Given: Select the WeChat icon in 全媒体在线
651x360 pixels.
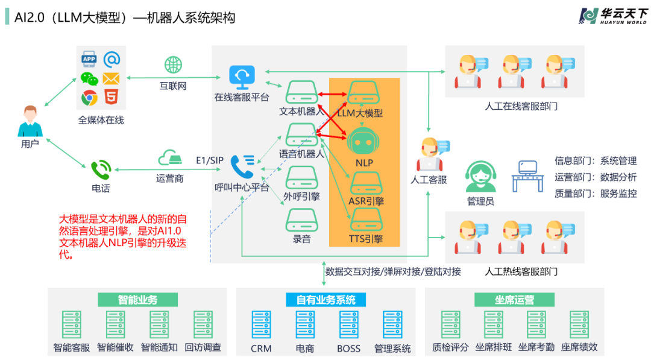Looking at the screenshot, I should click(x=89, y=78).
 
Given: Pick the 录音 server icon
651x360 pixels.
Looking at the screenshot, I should click(x=301, y=218).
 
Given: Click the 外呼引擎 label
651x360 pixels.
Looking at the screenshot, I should click(x=301, y=196).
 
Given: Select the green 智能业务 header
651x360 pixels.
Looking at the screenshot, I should click(x=137, y=300).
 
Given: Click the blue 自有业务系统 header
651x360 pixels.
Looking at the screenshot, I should click(x=326, y=300).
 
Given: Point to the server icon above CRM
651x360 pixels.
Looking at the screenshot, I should click(x=261, y=324).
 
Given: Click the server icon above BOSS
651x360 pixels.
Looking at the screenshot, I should click(x=348, y=324).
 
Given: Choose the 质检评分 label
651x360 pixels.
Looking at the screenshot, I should click(x=450, y=347).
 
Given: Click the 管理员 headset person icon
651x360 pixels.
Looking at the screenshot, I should click(x=480, y=175).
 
